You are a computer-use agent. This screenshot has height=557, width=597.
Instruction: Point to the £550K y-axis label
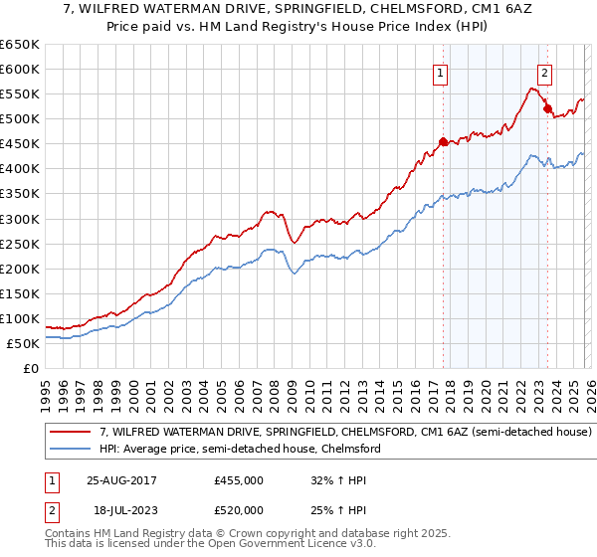pyautogui.click(x=20, y=94)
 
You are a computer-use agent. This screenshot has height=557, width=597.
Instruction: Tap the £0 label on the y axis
pyautogui.click(x=32, y=368)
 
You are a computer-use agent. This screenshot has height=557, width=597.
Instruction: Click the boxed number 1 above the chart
pyautogui.click(x=440, y=72)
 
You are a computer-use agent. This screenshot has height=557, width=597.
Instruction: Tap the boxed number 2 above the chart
pyautogui.click(x=544, y=72)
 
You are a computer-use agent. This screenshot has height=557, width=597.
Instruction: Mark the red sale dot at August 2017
pyautogui.click(x=443, y=140)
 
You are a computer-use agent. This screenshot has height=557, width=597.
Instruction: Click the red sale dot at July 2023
pyautogui.click(x=546, y=108)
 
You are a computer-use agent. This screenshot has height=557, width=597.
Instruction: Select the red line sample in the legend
pyautogui.click(x=71, y=433)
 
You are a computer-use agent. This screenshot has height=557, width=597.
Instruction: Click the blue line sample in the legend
pyautogui.click(x=71, y=450)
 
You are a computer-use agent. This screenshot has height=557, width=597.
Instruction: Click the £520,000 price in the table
pyautogui.click(x=239, y=509)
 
